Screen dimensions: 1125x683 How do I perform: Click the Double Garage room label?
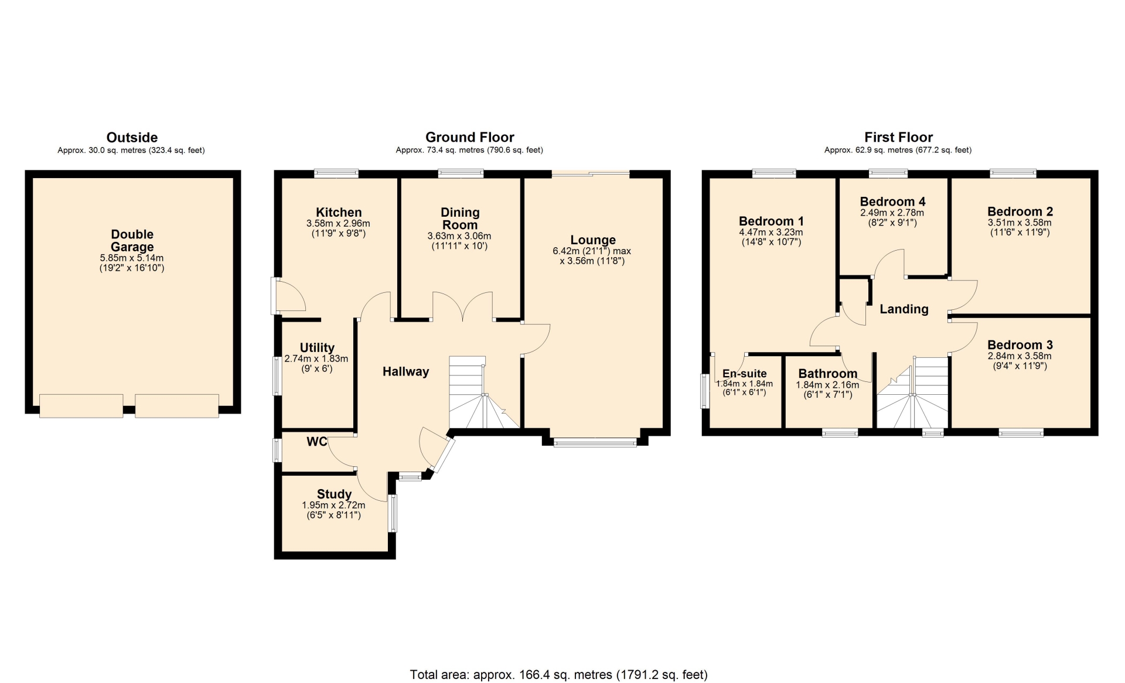[x=132, y=241]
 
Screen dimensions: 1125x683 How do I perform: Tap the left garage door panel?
[x=81, y=405]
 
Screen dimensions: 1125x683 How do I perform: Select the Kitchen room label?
[x=339, y=213]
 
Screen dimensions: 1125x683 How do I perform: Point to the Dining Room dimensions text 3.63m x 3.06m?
[x=459, y=236]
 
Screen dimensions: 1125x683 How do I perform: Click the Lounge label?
[x=593, y=240]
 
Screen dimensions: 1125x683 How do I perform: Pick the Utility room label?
[x=317, y=348]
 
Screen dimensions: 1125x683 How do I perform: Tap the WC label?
[x=317, y=442]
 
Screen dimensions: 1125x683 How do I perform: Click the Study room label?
[x=334, y=494]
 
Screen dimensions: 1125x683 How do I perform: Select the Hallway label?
[x=405, y=371]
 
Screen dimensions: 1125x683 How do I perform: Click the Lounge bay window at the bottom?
[x=595, y=443]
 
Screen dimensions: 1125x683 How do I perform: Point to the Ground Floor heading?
[x=470, y=137]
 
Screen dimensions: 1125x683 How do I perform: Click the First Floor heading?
[x=898, y=137]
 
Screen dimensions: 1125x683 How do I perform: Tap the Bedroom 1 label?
[x=771, y=221]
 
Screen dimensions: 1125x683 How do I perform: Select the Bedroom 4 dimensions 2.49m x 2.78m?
[x=892, y=213]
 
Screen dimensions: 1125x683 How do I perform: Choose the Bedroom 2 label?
[x=1020, y=211]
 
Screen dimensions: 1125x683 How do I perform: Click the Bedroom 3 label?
[x=1020, y=345]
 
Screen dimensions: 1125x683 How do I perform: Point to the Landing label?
[x=904, y=309]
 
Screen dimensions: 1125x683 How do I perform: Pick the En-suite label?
[x=744, y=374]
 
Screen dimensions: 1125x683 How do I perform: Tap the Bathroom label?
[x=827, y=374]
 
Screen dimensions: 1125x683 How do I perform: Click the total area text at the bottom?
[x=558, y=675]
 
